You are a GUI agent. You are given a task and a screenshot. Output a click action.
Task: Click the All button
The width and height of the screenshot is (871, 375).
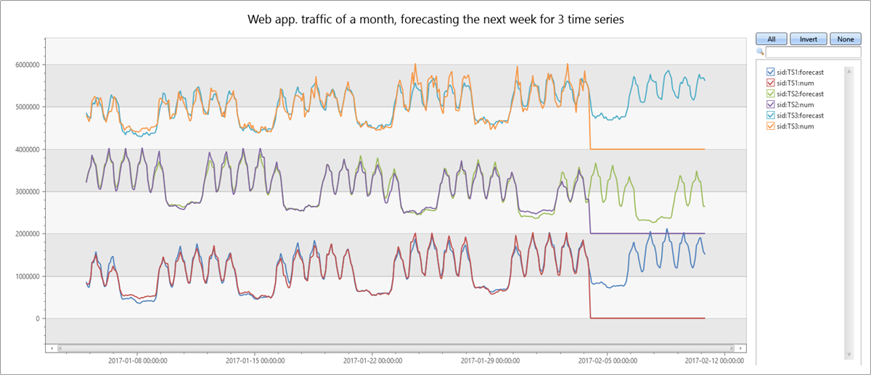pyautogui.click(x=772, y=39)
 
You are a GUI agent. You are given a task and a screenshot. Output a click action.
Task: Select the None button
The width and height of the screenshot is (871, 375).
pyautogui.click(x=845, y=39)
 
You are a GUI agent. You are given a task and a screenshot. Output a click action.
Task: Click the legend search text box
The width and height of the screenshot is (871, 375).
pyautogui.click(x=814, y=52)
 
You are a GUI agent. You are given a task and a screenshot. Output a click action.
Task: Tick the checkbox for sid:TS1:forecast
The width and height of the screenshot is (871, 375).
pyautogui.click(x=771, y=72)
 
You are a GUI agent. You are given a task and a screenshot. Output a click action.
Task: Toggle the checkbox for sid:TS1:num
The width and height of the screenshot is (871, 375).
pyautogui.click(x=771, y=83)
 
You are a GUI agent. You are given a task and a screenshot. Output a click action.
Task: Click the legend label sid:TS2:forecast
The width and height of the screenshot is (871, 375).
pyautogui.click(x=802, y=94)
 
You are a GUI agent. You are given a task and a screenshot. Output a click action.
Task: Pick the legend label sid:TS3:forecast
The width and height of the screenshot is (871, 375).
pyautogui.click(x=802, y=115)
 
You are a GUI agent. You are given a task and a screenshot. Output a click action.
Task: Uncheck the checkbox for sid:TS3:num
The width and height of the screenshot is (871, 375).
pyautogui.click(x=771, y=126)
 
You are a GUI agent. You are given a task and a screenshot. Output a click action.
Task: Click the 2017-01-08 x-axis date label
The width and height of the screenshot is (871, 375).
pyautogui.click(x=139, y=360)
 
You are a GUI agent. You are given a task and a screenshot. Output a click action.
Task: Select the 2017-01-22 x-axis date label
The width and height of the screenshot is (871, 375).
pyautogui.click(x=372, y=360)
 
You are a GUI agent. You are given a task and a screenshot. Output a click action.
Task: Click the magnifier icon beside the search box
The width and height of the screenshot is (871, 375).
pyautogui.click(x=760, y=52)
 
